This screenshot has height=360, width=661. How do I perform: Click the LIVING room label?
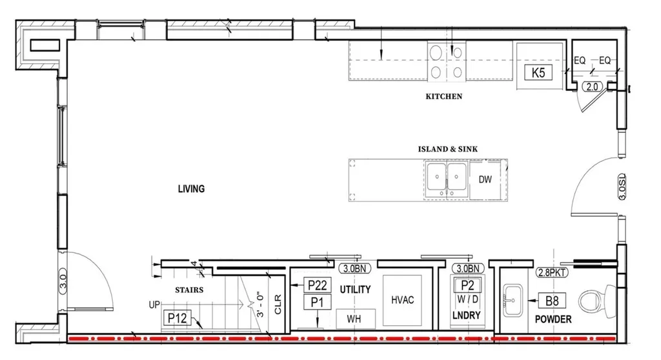[x=191, y=189]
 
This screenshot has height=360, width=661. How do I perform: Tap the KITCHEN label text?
[x=444, y=97]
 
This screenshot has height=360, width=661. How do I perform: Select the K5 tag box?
[x=538, y=72]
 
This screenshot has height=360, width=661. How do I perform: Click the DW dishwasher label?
[x=485, y=179]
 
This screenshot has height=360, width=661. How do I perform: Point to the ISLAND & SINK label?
[x=448, y=149]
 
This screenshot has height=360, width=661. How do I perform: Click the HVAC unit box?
[x=402, y=300]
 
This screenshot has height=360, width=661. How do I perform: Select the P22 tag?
[x=318, y=285]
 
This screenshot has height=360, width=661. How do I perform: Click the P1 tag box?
[x=318, y=302]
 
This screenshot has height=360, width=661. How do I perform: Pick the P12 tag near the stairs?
[x=177, y=318]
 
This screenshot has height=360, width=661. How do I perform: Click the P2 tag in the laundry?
[x=467, y=285]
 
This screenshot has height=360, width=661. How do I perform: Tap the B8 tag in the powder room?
[x=552, y=301]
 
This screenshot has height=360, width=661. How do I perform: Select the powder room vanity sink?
[x=513, y=300]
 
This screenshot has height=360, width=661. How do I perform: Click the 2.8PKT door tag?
[x=552, y=272]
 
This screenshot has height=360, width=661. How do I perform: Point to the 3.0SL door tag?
[x=623, y=186]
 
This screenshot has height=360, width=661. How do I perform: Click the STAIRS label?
[x=189, y=290]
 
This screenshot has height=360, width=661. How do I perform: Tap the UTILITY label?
[x=356, y=290]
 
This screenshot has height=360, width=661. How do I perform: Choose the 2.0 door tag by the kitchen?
[x=593, y=87]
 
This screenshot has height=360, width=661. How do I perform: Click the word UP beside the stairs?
[x=154, y=305]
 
